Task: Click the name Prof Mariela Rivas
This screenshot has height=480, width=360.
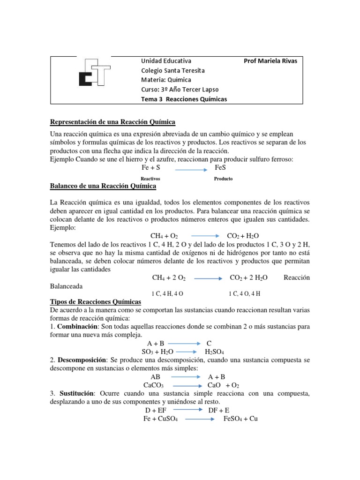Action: click(x=270, y=61)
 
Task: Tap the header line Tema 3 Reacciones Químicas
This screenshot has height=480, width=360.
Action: click(x=184, y=99)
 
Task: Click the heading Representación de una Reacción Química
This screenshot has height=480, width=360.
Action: click(x=112, y=122)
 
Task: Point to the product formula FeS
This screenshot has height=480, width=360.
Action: click(x=221, y=167)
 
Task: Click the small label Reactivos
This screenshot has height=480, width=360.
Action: click(x=150, y=179)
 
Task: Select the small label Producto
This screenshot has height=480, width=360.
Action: click(x=223, y=179)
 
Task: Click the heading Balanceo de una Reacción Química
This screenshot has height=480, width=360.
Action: click(x=103, y=186)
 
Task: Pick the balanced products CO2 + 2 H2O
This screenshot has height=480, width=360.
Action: click(x=249, y=278)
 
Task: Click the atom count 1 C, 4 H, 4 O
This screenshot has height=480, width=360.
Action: click(x=167, y=293)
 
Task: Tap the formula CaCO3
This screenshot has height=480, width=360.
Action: click(x=153, y=385)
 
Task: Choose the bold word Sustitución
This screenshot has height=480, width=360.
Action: click(x=76, y=394)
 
